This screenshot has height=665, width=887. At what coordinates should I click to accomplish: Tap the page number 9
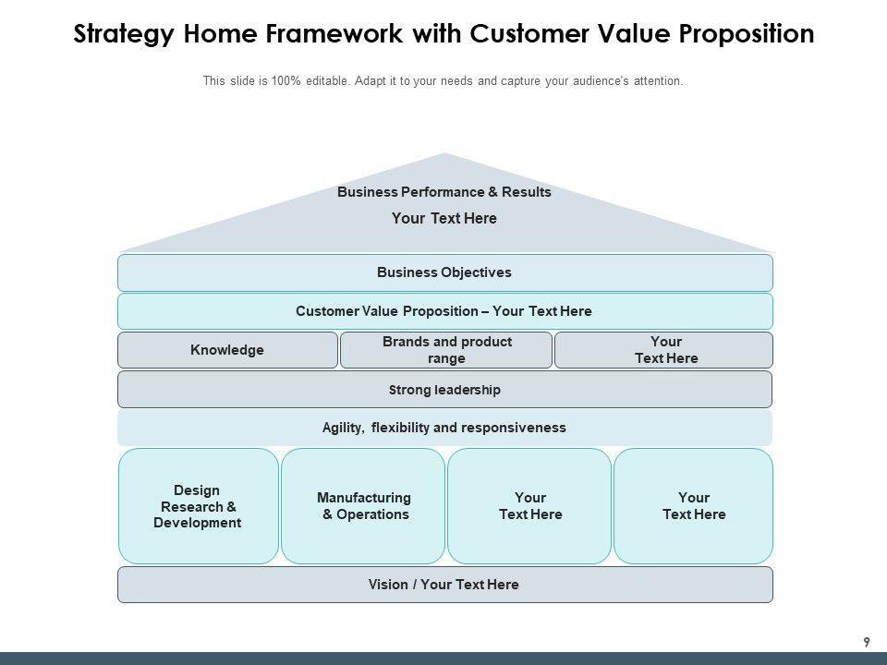pyautogui.click(x=866, y=642)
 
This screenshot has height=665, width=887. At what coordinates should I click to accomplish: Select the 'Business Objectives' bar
pyautogui.click(x=444, y=272)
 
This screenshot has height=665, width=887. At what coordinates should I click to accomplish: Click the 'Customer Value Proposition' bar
pyautogui.click(x=444, y=311)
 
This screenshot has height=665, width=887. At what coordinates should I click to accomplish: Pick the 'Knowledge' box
pyautogui.click(x=227, y=350)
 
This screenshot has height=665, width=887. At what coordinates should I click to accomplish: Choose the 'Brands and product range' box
pyautogui.click(x=446, y=350)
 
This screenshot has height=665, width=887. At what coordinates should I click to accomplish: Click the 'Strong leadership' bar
pyautogui.click(x=444, y=390)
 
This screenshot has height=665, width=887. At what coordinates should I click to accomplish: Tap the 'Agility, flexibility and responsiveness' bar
pyautogui.click(x=444, y=428)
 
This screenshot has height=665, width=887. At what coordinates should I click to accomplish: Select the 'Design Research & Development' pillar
pyautogui.click(x=198, y=506)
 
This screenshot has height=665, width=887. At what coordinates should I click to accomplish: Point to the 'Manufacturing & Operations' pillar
pyautogui.click(x=363, y=506)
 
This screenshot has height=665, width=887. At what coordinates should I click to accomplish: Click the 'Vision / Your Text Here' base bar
pyautogui.click(x=444, y=585)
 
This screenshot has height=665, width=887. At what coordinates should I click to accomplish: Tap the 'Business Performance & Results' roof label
pyautogui.click(x=444, y=192)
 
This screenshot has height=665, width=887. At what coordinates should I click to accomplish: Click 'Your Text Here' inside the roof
pyautogui.click(x=444, y=219)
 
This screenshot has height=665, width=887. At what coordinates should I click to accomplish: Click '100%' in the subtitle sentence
pyautogui.click(x=286, y=81)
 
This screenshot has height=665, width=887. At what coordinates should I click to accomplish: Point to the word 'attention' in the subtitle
pyautogui.click(x=656, y=81)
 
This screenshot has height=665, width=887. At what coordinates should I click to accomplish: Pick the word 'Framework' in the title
pyautogui.click(x=321, y=34)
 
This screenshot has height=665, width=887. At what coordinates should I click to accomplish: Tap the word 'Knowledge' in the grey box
pyautogui.click(x=227, y=350)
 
